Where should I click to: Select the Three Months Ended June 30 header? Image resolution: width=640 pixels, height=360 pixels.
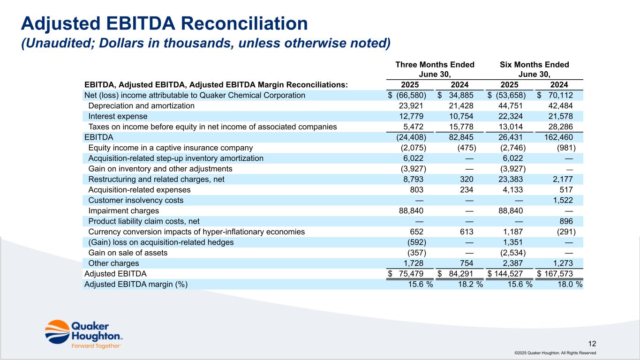point(435,69)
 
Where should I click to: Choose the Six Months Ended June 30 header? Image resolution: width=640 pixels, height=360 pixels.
point(534,69)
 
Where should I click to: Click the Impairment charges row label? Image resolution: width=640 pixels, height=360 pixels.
point(123,211)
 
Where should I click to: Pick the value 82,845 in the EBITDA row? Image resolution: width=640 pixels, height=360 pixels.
point(460,137)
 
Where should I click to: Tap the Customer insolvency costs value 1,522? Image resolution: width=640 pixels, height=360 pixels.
point(563,200)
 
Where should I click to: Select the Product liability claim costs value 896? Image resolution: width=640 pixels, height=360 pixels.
point(565,221)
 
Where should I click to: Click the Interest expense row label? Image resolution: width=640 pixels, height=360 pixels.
point(118,116)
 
